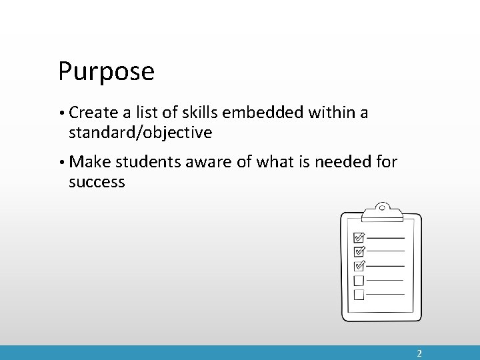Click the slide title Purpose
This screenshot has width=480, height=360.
(x=106, y=72)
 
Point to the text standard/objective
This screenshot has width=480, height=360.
(x=140, y=133)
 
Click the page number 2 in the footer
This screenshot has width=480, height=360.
(x=419, y=353)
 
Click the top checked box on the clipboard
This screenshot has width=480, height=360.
(x=359, y=237)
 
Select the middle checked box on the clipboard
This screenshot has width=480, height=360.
(x=359, y=251)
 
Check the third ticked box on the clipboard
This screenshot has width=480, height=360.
(x=359, y=265)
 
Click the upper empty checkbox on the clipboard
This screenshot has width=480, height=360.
(x=359, y=280)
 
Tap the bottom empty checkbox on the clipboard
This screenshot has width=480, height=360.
(x=359, y=294)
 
